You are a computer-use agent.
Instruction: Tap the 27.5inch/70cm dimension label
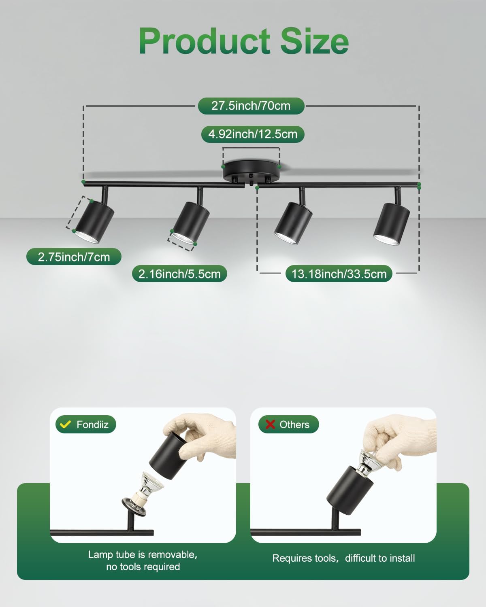[x=251, y=106]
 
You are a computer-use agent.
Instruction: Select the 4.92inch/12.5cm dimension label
[x=253, y=134]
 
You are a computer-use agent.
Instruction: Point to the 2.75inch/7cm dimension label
[x=74, y=257]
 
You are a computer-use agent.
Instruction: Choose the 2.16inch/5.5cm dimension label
[x=179, y=274]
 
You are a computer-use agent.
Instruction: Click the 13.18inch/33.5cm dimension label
[x=339, y=274]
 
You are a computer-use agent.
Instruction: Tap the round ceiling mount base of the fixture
[x=251, y=171]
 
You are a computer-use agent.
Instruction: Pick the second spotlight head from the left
[x=191, y=223]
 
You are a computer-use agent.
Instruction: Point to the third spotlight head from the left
[x=293, y=223]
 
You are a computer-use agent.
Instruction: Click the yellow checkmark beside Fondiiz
[x=66, y=424]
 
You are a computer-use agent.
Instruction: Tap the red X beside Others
[x=270, y=424]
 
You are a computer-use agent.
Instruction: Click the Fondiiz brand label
[x=92, y=424]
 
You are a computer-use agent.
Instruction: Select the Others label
[x=294, y=424]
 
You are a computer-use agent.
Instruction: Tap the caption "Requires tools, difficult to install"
[x=343, y=558]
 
